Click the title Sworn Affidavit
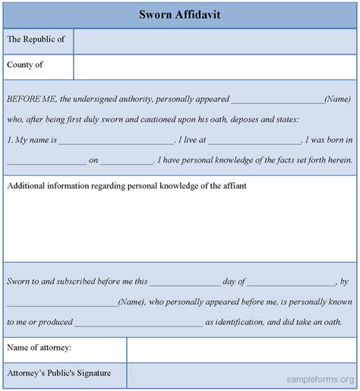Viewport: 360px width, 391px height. click(180, 14)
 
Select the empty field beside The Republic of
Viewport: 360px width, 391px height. click(215, 41)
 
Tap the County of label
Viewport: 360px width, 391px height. click(25, 65)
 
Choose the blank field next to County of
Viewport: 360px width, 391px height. click(215, 68)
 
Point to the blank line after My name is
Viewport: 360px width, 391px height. click(116, 141)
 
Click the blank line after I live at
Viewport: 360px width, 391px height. click(254, 141)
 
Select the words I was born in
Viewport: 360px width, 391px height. click(328, 140)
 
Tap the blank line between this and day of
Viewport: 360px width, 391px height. click(185, 282)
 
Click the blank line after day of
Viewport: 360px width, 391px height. click(292, 282)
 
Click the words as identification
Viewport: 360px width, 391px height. click(234, 322)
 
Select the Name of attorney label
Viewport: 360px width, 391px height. click(39, 348)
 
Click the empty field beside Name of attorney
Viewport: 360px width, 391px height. click(242, 350)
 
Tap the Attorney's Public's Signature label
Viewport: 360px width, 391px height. click(59, 373)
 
